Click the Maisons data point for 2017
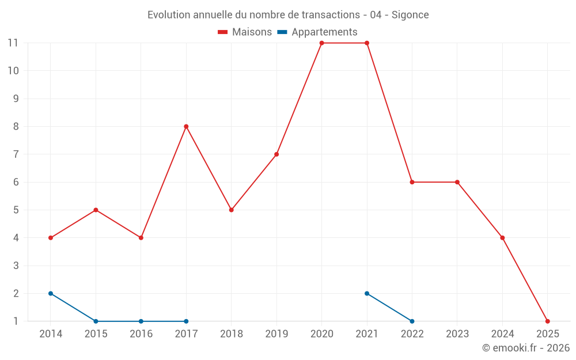pyautogui.click(x=186, y=127)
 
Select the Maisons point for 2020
pyautogui.click(x=321, y=43)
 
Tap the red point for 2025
pyautogui.click(x=547, y=321)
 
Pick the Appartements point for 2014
pyautogui.click(x=51, y=293)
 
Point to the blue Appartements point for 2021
pyautogui.click(x=367, y=293)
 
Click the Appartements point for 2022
pyautogui.click(x=412, y=321)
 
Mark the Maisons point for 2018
pyautogui.click(x=231, y=210)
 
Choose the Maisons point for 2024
pyautogui.click(x=502, y=238)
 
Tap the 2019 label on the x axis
pyautogui.click(x=276, y=334)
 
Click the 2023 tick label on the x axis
pyautogui.click(x=457, y=334)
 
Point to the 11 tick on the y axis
pyautogui.click(x=13, y=43)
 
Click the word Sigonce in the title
pyautogui.click(x=410, y=15)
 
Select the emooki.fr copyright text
pyautogui.click(x=526, y=348)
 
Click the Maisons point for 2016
pyautogui.click(x=141, y=238)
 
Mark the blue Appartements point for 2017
pyautogui.click(x=186, y=321)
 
